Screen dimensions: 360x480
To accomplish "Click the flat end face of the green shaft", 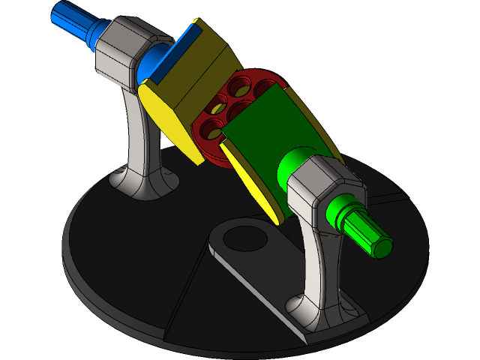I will [381, 244].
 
